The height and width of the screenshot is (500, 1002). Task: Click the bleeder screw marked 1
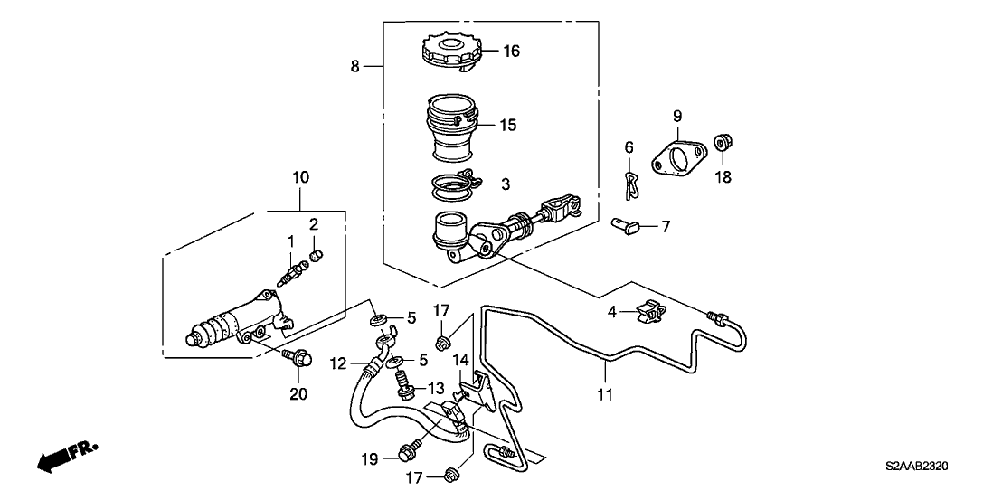[x=290, y=269]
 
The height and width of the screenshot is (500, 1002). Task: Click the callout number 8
[x=354, y=66]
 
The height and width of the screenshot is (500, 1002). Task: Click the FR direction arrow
[x=66, y=458]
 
